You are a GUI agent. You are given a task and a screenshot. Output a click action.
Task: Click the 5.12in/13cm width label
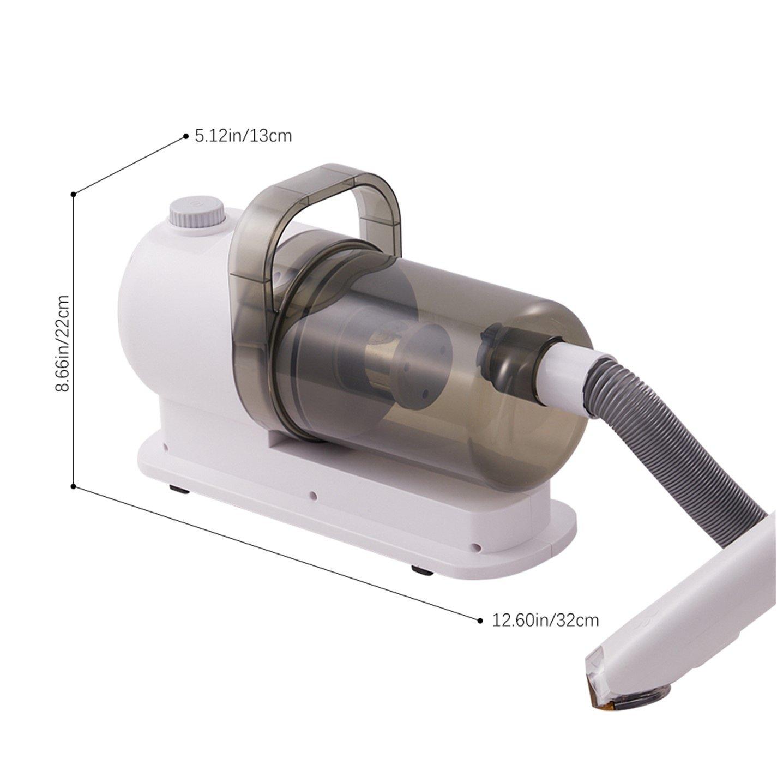tap(243, 135)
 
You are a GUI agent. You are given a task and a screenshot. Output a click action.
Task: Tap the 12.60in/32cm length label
tap(545, 620)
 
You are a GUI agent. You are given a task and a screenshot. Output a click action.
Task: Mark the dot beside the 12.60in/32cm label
tap(480, 620)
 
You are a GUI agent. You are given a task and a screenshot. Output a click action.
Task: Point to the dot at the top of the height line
tap(74, 194)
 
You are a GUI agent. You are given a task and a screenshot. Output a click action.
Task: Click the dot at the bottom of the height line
tap(74, 485)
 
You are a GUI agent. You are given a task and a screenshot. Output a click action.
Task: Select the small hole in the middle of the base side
tap(313, 496)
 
